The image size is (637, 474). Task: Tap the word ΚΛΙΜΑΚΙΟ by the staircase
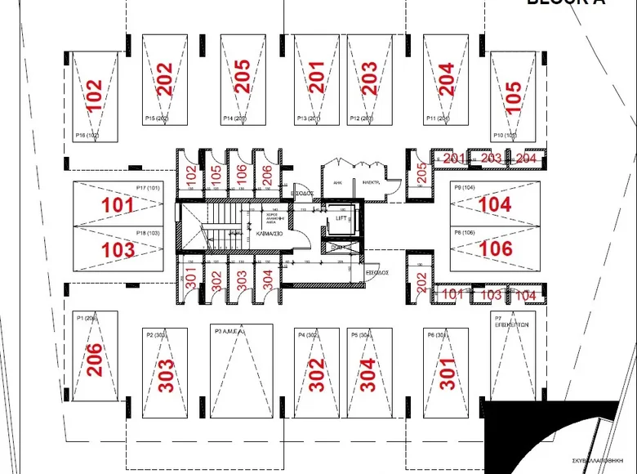click(269, 233)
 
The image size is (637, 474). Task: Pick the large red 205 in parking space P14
click(242, 77)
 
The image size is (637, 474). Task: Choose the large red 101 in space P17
click(118, 204)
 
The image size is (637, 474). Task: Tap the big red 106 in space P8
click(496, 248)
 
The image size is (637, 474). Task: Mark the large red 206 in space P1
click(95, 360)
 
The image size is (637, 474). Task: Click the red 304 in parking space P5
click(368, 374)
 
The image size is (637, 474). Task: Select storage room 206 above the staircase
click(265, 173)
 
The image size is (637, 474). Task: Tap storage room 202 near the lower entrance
click(421, 283)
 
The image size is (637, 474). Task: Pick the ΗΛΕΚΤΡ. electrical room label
click(370, 182)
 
